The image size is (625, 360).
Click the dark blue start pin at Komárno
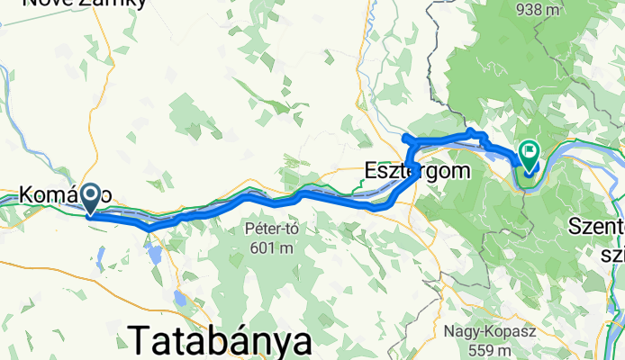click(x=92, y=199)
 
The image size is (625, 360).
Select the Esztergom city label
click(x=418, y=168)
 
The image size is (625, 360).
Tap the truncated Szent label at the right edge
click(x=596, y=229)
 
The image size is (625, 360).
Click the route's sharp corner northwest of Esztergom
click(x=404, y=138)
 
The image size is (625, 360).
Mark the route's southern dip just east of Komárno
click(x=148, y=228)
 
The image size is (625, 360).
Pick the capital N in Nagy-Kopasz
click(x=447, y=331)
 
